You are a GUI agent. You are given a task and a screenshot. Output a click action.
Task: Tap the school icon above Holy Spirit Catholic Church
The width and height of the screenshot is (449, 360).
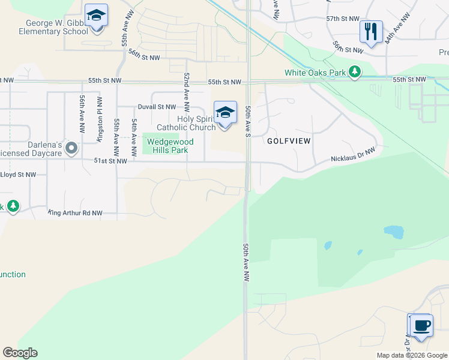tap(224, 112)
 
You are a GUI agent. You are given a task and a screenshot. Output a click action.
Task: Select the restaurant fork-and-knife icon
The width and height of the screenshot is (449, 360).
tap(370, 31)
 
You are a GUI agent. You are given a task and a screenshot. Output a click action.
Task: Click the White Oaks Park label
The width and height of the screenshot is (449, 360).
tap(315, 73)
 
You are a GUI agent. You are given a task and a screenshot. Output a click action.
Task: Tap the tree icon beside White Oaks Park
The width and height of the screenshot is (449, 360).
tap(355, 72)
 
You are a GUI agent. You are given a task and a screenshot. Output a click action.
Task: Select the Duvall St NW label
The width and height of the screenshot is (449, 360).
tap(157, 107)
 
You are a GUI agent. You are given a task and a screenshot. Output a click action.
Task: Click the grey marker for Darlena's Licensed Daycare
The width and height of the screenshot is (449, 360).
tap(71, 148)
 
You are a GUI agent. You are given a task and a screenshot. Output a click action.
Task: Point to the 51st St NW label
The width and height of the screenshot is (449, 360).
tap(110, 161)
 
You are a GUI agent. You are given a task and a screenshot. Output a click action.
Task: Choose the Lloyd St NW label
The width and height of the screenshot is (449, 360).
tap(18, 175)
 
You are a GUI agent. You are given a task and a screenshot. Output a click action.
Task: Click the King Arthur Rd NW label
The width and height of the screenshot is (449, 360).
tap(75, 212)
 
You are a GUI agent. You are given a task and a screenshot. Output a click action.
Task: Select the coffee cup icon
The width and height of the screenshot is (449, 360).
tap(421, 326)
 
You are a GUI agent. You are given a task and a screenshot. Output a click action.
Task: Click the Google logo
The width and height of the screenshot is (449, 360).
tap(20, 353)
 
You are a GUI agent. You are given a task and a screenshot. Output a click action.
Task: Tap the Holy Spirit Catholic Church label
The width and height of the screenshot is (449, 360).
tap(186, 123)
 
